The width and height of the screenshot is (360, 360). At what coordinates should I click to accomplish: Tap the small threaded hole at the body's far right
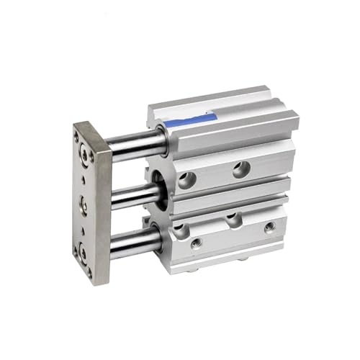click(x=269, y=228)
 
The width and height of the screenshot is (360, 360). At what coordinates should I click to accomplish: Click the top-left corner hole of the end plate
click(x=76, y=133)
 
